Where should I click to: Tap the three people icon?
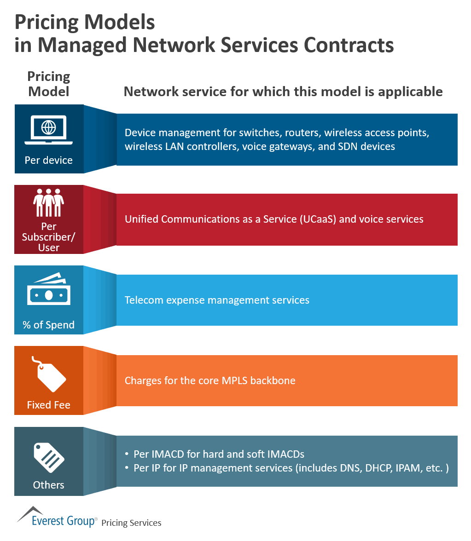pos(49,202)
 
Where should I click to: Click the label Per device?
pos(49,160)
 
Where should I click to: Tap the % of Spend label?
pos(49,325)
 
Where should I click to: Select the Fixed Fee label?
pos(49,405)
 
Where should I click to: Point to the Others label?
pos(49,485)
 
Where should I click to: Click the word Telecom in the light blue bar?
pos(144,300)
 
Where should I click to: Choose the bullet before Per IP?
pos(127,468)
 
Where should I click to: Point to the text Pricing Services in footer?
pos(131,523)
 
